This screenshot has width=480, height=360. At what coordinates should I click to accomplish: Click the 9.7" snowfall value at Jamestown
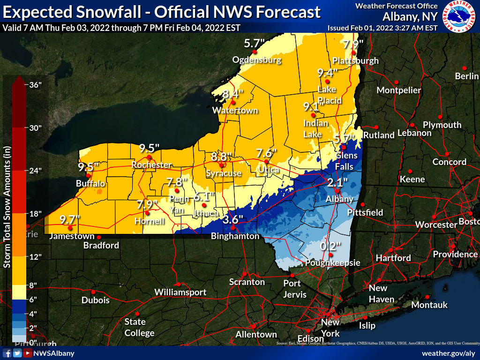point(70,219)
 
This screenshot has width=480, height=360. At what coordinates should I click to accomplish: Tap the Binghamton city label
point(235,236)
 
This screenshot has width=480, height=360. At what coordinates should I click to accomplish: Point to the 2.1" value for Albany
point(337,182)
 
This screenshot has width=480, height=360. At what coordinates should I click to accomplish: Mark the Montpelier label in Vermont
point(399,90)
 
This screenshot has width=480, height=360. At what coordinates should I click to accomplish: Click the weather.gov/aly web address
point(449,353)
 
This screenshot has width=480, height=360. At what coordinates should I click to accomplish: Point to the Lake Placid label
point(330,95)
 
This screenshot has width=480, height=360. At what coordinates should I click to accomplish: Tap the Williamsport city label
point(180,292)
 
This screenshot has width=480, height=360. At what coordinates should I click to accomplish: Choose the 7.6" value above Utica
point(267,153)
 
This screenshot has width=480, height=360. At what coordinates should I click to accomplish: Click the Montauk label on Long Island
point(429,305)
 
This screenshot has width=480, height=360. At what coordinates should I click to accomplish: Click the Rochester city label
point(151,165)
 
